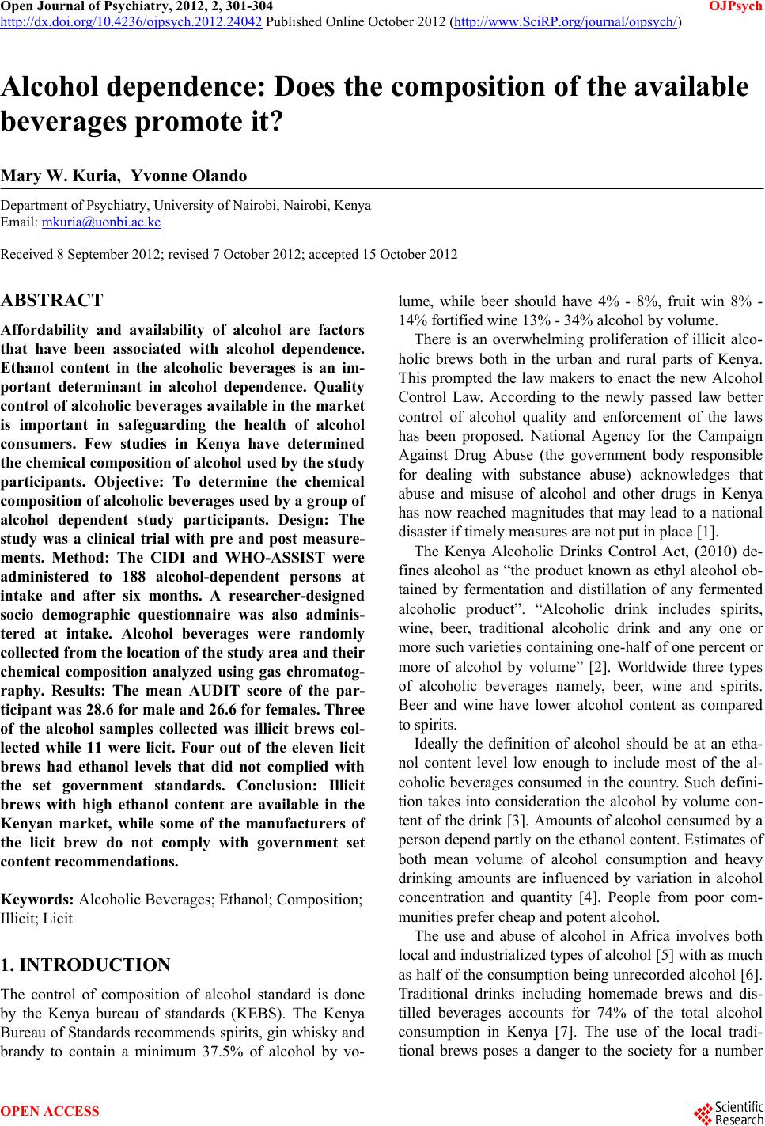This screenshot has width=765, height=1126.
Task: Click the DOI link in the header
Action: [x=131, y=21]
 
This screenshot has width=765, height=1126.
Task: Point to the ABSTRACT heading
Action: [x=52, y=301]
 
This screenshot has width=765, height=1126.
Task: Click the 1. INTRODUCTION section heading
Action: [x=85, y=965]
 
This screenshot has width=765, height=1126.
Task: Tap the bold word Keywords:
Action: [x=38, y=900]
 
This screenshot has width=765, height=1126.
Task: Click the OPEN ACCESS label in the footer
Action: [x=51, y=1111]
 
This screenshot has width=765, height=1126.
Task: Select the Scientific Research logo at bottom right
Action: [x=727, y=1111]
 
